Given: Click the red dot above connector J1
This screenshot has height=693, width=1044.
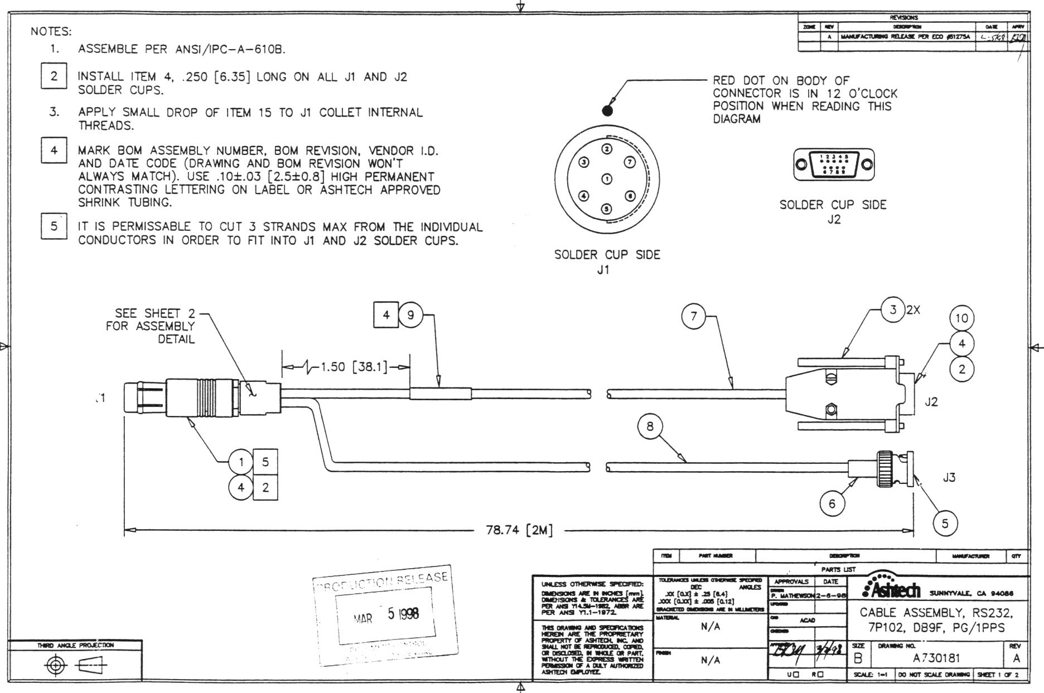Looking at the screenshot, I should [607, 110].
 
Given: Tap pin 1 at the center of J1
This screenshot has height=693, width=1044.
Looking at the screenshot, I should [607, 179].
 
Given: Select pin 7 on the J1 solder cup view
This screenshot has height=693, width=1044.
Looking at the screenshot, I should [630, 162].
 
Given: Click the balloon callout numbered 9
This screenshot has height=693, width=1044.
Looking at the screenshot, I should [411, 315].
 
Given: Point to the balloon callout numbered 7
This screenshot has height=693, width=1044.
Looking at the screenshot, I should [694, 317].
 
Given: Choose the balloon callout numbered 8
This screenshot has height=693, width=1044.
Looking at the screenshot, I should [650, 427].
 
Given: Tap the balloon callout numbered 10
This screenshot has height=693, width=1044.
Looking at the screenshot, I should [961, 318].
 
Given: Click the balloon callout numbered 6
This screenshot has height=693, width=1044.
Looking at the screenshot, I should [832, 504].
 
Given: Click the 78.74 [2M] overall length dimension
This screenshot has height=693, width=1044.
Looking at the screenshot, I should [519, 530].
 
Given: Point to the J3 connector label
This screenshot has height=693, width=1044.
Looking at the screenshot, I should [949, 477].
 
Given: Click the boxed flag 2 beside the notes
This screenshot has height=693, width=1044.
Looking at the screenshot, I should [54, 76].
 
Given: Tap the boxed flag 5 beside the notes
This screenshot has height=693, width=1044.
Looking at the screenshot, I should [54, 226].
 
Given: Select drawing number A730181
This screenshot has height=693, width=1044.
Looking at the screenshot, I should [936, 658].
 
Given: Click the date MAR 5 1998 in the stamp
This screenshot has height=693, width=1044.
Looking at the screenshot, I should [386, 614].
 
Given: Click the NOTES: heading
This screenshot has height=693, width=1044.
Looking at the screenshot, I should [51, 31].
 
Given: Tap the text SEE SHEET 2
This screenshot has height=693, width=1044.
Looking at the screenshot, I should [148, 313].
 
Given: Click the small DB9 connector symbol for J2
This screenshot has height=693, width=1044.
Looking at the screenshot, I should [834, 164].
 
